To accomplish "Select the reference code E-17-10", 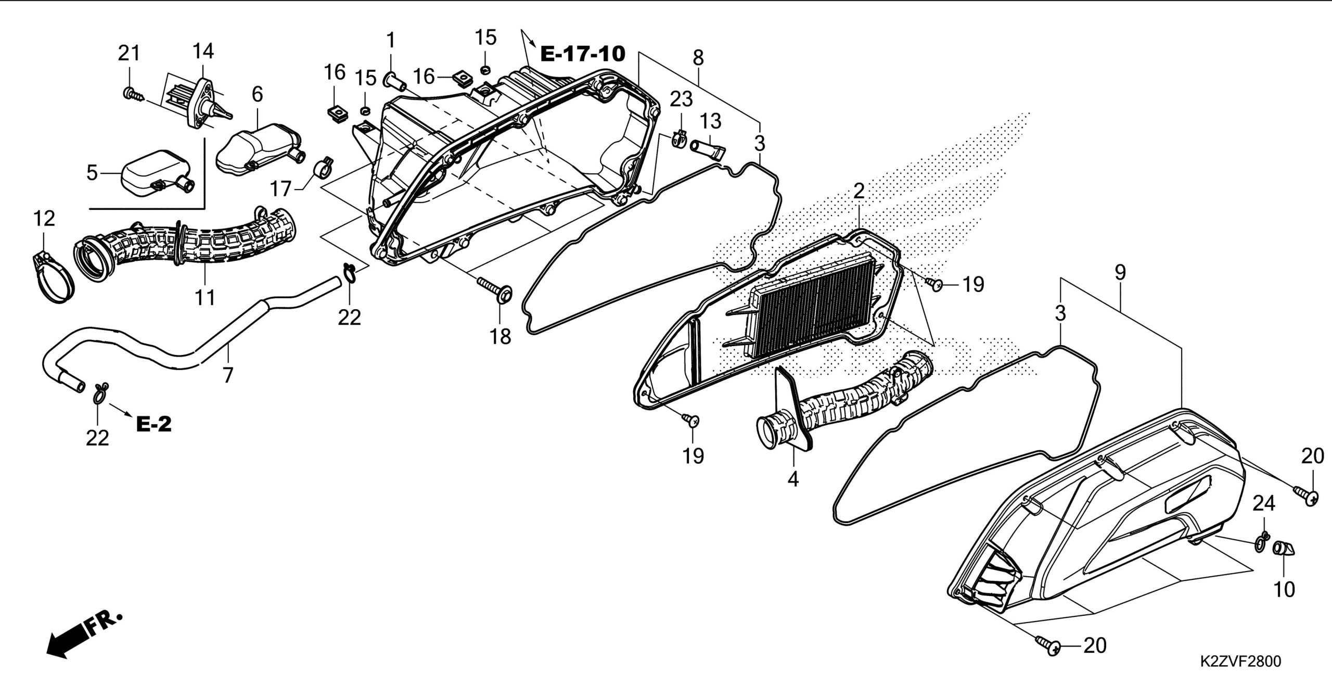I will pos(582,53).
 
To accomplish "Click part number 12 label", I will pos(44,219).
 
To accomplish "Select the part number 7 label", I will pos(228,374).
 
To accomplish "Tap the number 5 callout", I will pos(92,172).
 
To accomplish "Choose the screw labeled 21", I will pos(130,94).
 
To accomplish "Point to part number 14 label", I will pos(203,51).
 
